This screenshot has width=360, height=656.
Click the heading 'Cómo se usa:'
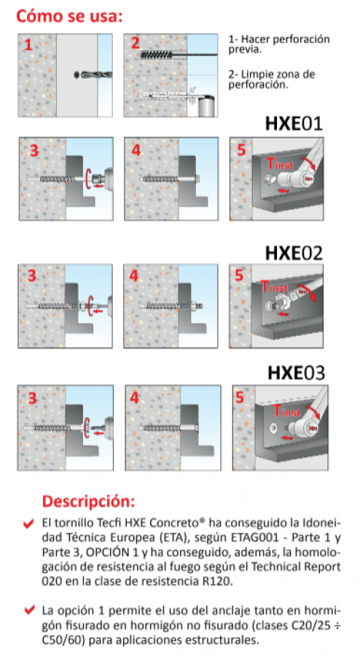tap(69, 16)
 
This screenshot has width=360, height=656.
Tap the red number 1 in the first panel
tap(28, 44)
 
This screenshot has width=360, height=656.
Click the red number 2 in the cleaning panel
tap(135, 43)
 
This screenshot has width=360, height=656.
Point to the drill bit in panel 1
tap(96, 75)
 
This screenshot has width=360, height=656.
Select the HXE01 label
tap(294, 124)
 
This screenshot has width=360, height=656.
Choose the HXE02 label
tap(294, 253)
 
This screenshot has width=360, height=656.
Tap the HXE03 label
tap(296, 372)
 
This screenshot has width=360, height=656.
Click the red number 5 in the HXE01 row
tap(241, 149)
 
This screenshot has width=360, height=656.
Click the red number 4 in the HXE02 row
tap(134, 276)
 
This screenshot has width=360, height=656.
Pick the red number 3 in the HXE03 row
tap(32, 398)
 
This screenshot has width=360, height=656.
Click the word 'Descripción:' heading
tap(89, 501)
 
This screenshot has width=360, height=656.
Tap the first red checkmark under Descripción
tap(28, 523)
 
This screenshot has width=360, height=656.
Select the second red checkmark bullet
tap(28, 610)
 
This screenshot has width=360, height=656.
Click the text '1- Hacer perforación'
tap(279, 39)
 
